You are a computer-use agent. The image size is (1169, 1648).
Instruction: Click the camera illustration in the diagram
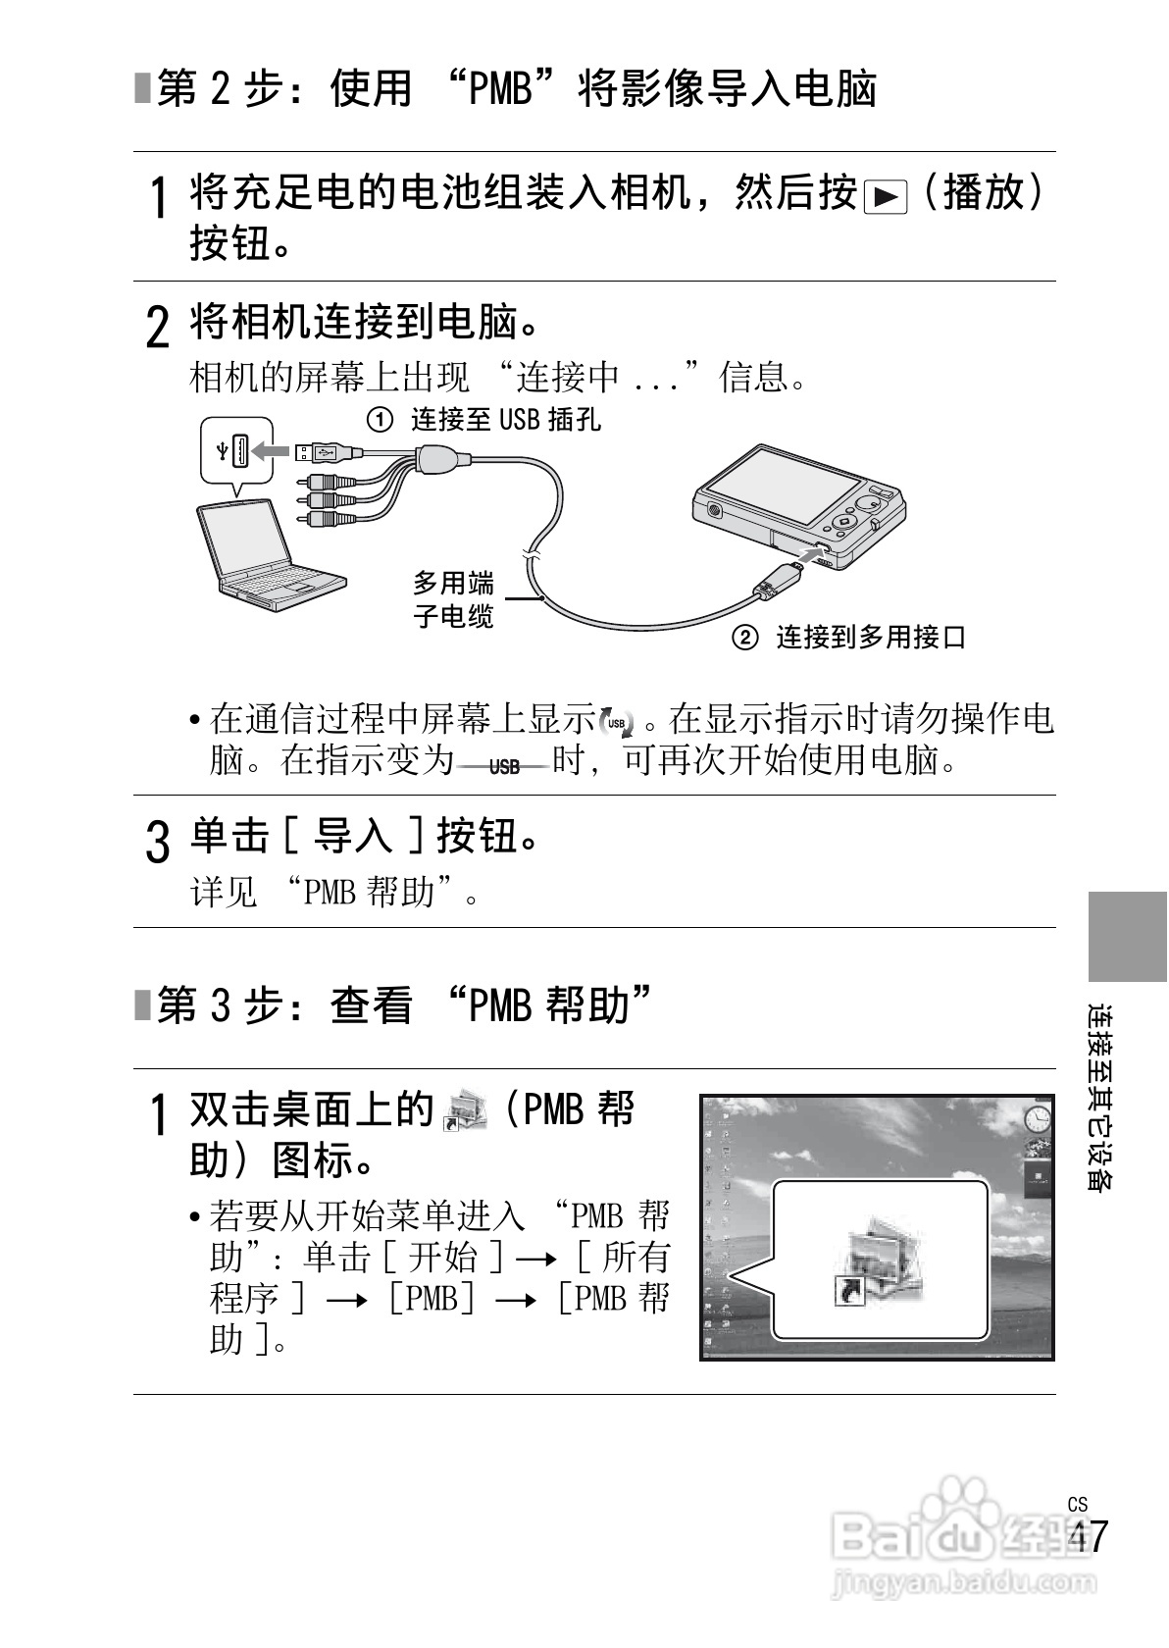[799, 504]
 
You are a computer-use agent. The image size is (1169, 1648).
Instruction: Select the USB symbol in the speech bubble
[224, 450]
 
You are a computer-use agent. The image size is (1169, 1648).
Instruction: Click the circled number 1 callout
[380, 421]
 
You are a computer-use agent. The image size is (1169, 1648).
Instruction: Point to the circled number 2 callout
[745, 638]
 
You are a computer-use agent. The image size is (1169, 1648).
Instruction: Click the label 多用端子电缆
[453, 599]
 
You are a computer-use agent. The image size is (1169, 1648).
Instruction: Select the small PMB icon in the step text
[465, 1110]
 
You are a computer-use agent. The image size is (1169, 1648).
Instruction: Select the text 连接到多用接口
[871, 638]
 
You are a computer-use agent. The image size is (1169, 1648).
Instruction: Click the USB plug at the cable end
[316, 451]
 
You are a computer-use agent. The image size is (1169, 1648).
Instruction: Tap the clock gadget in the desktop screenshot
[1037, 1117]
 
